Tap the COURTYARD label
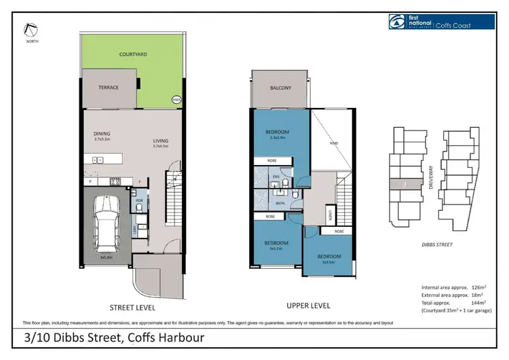click(132, 54)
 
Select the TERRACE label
click(109, 88)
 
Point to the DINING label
click(102, 134)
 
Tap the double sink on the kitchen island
click(98, 160)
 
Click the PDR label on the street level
click(139, 201)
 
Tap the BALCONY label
click(280, 88)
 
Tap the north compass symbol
click(31, 29)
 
